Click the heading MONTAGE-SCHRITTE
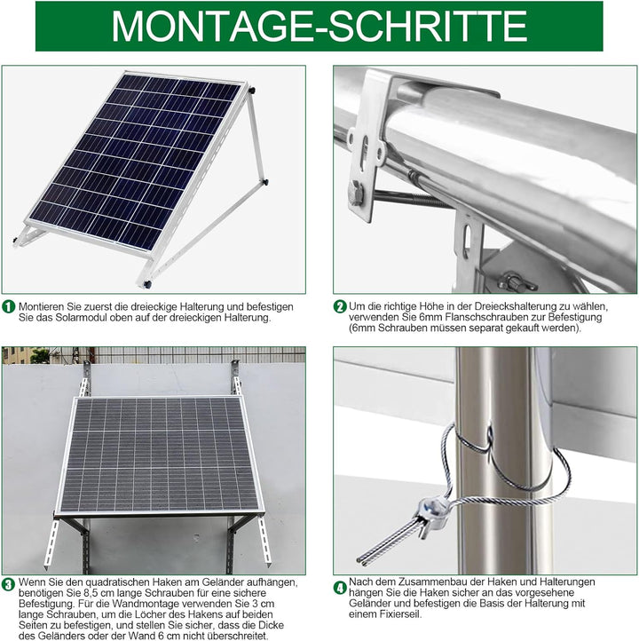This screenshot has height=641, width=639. coord(319,26)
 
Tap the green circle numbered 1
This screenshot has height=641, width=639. coord(8,305)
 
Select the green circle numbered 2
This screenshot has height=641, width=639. coord(340,306)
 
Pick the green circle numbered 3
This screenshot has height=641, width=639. coord(8,584)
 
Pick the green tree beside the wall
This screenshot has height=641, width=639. coord(40,355)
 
